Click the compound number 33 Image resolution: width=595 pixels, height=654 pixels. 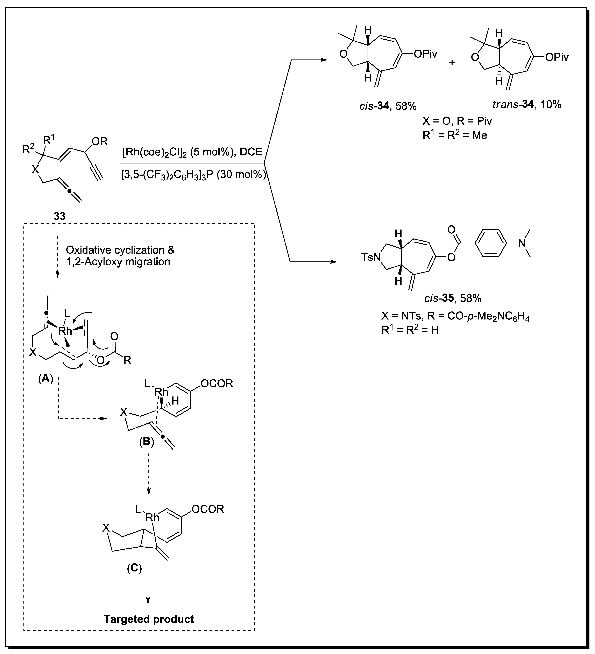point(60,216)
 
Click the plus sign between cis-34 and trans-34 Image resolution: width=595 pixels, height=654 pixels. point(452,63)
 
